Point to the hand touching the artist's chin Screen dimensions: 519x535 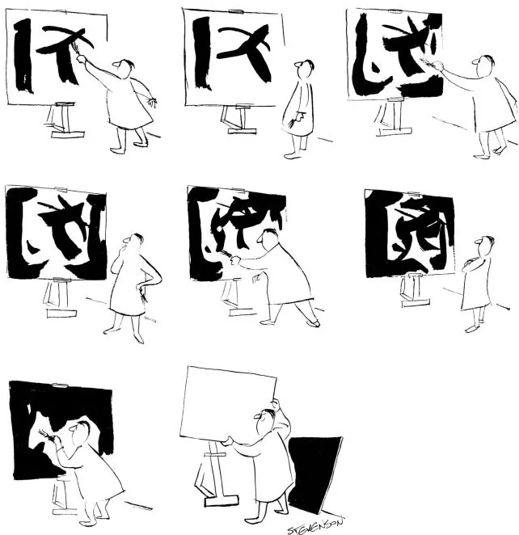coord(123,250)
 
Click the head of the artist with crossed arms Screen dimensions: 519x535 coord(484,246)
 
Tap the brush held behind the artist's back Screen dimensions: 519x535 coord(291,123)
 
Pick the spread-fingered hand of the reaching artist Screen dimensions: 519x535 coord(151,102)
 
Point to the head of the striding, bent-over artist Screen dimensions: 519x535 coord(267,238)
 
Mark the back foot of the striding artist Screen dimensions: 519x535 coord(313,322)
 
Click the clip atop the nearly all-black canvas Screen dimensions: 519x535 coord(60,385)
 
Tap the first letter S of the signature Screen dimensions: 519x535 coord(292,530)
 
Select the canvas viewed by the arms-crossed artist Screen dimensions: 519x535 coord(410,234)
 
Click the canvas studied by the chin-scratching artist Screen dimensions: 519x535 coord(56,233)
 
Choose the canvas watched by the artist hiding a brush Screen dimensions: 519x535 coord(234,57)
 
